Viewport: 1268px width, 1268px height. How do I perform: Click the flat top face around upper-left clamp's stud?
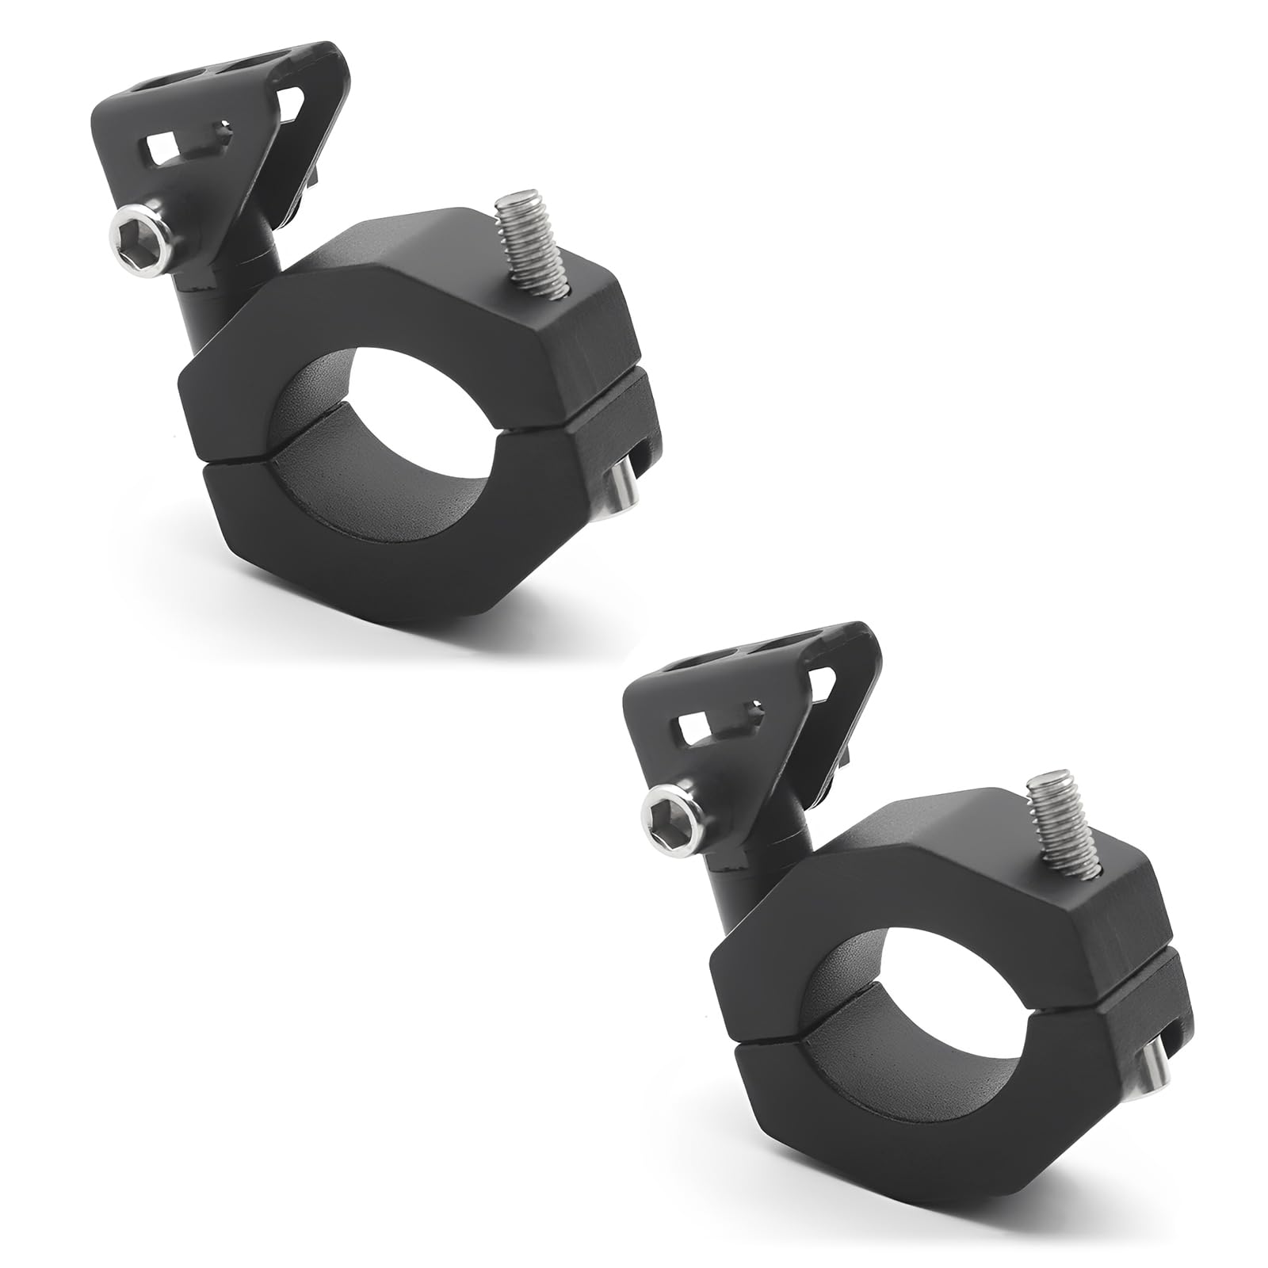click(444, 285)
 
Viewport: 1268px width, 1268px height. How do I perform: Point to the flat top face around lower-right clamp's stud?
click(975, 824)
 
